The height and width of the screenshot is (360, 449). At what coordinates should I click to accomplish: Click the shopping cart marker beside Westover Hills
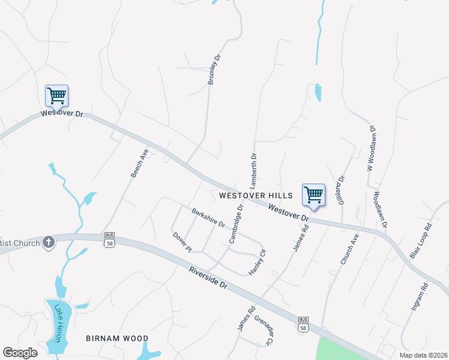point(313,195)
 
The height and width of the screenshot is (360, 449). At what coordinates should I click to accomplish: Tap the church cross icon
point(49,242)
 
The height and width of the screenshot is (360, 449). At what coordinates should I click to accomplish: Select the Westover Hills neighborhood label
point(256,196)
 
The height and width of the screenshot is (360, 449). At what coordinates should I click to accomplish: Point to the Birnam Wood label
point(116,338)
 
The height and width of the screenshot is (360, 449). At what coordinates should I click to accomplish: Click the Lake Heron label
point(59,323)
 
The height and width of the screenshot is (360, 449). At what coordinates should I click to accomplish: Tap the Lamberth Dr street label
point(253,170)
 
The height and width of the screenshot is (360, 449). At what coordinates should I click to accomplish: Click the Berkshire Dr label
point(208,218)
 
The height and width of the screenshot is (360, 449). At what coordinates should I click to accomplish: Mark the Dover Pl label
point(181,242)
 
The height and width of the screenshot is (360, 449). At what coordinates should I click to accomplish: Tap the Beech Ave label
point(139,163)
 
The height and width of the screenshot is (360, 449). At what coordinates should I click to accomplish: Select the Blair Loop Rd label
point(421,241)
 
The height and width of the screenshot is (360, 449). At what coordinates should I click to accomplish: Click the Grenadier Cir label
point(263,331)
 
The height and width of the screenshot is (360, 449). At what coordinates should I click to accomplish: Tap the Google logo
point(20,353)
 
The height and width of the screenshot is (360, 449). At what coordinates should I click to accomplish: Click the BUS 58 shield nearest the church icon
point(109,240)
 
